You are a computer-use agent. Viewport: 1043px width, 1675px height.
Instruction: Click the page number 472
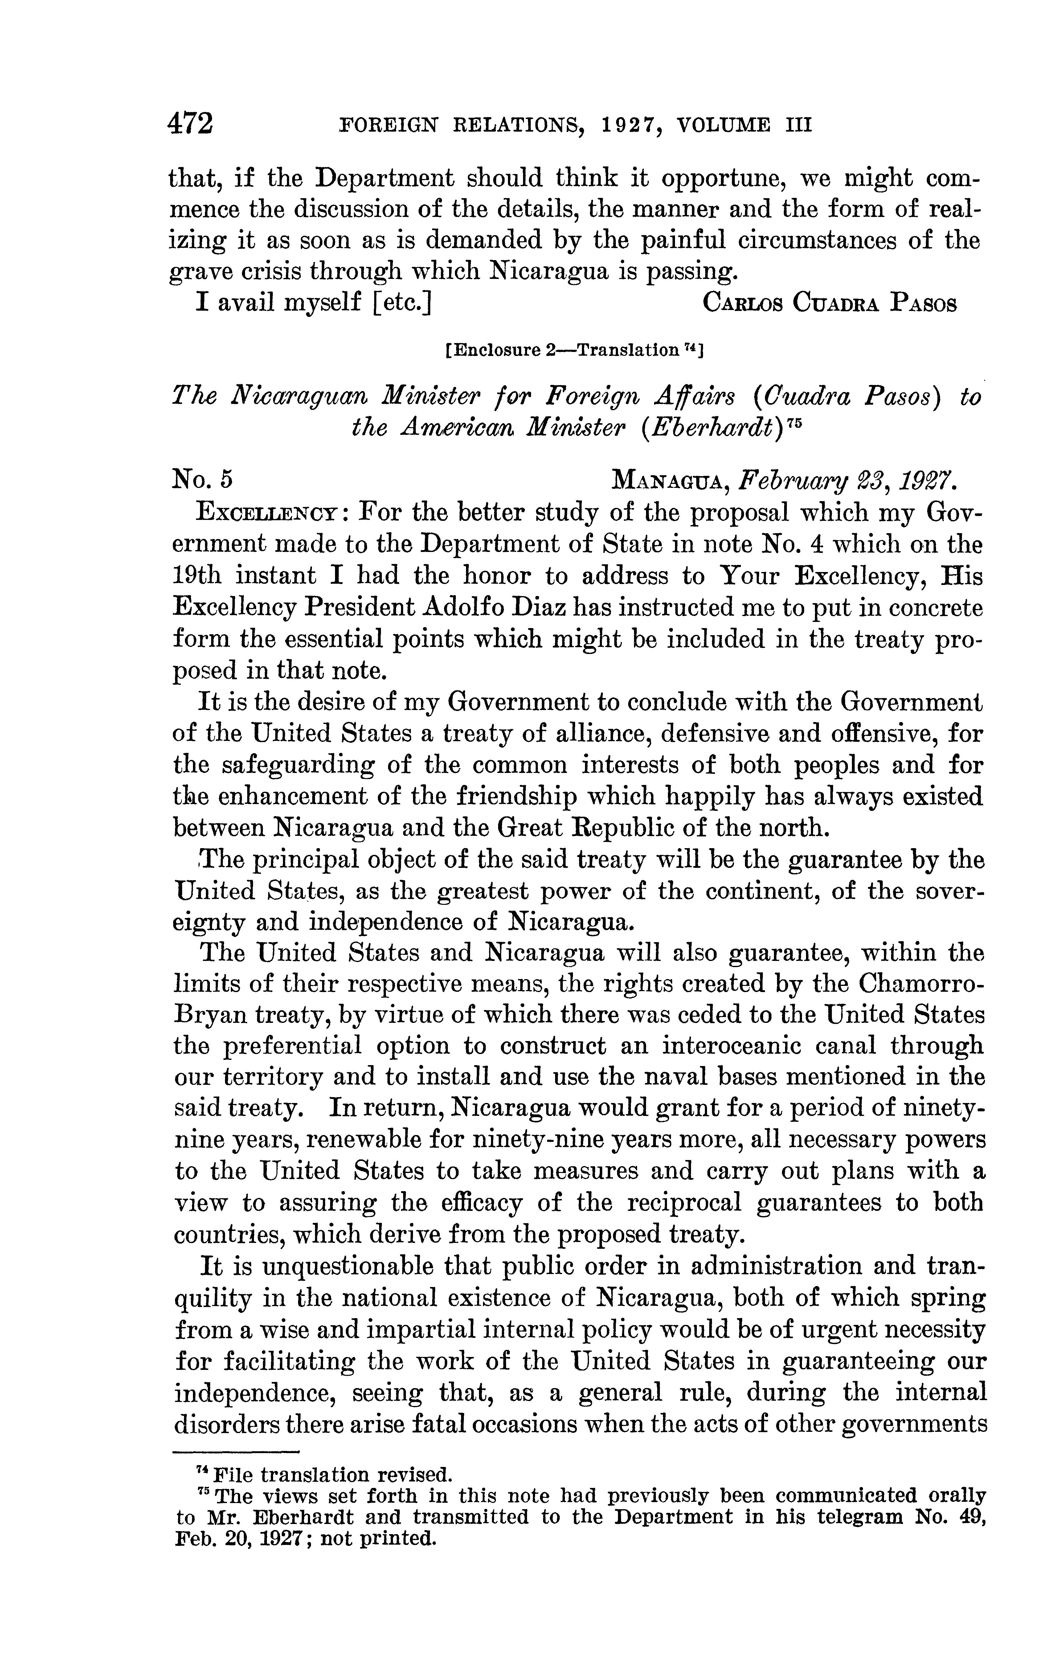(190, 124)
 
